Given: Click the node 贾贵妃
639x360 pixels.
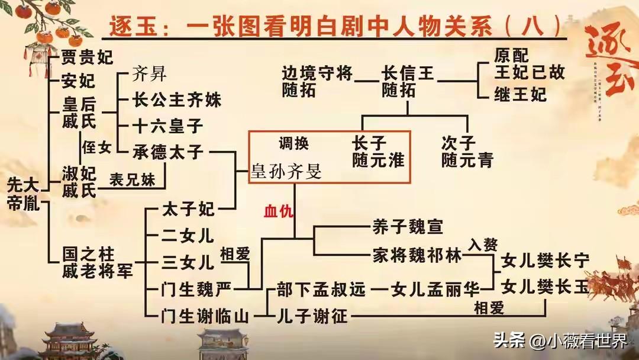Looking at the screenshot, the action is (87, 57).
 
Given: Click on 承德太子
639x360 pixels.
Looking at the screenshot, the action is (169, 152).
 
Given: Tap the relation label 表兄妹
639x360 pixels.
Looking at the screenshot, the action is (133, 180).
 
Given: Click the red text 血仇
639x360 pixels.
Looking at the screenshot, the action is (278, 211).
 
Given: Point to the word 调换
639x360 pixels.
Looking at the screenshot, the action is (293, 144).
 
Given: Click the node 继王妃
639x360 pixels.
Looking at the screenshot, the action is (520, 94).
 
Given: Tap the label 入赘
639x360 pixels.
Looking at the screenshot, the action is (483, 243).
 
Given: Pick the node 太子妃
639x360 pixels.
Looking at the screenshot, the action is (189, 209).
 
